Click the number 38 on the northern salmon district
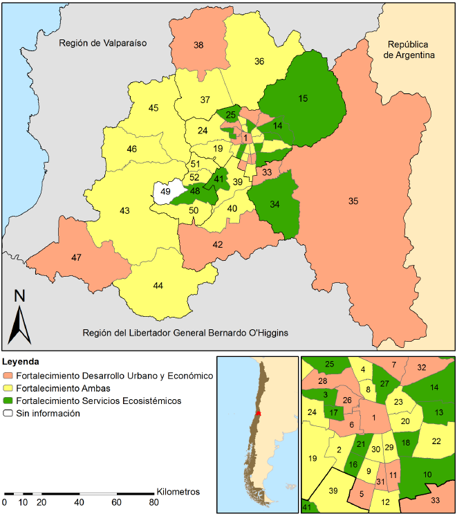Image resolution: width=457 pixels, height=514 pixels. click(198, 45)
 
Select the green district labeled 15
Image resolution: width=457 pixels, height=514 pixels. click(303, 99)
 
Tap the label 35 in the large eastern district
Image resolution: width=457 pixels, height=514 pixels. click(353, 201)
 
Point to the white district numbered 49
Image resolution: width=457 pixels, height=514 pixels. click(165, 192)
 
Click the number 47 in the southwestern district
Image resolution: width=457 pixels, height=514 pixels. click(76, 257)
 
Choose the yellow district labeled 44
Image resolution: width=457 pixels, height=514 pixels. click(158, 286)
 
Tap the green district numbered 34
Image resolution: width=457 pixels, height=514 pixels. click(274, 204)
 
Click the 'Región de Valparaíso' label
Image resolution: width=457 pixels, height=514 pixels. click(104, 43)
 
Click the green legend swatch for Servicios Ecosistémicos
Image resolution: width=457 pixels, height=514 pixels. click(9, 401)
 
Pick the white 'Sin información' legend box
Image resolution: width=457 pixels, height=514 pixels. click(9, 413)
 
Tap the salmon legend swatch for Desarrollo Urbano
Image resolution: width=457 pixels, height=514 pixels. click(9, 376)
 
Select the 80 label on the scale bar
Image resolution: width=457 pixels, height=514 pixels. click(153, 502)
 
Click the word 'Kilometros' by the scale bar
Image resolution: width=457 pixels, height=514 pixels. click(178, 491)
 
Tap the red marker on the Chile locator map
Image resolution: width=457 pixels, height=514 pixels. click(258, 413)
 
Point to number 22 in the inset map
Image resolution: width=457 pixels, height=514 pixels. click(436, 441)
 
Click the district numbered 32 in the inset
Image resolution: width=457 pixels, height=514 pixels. click(422, 367)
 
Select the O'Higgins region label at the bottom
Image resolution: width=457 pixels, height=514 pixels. click(185, 333)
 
